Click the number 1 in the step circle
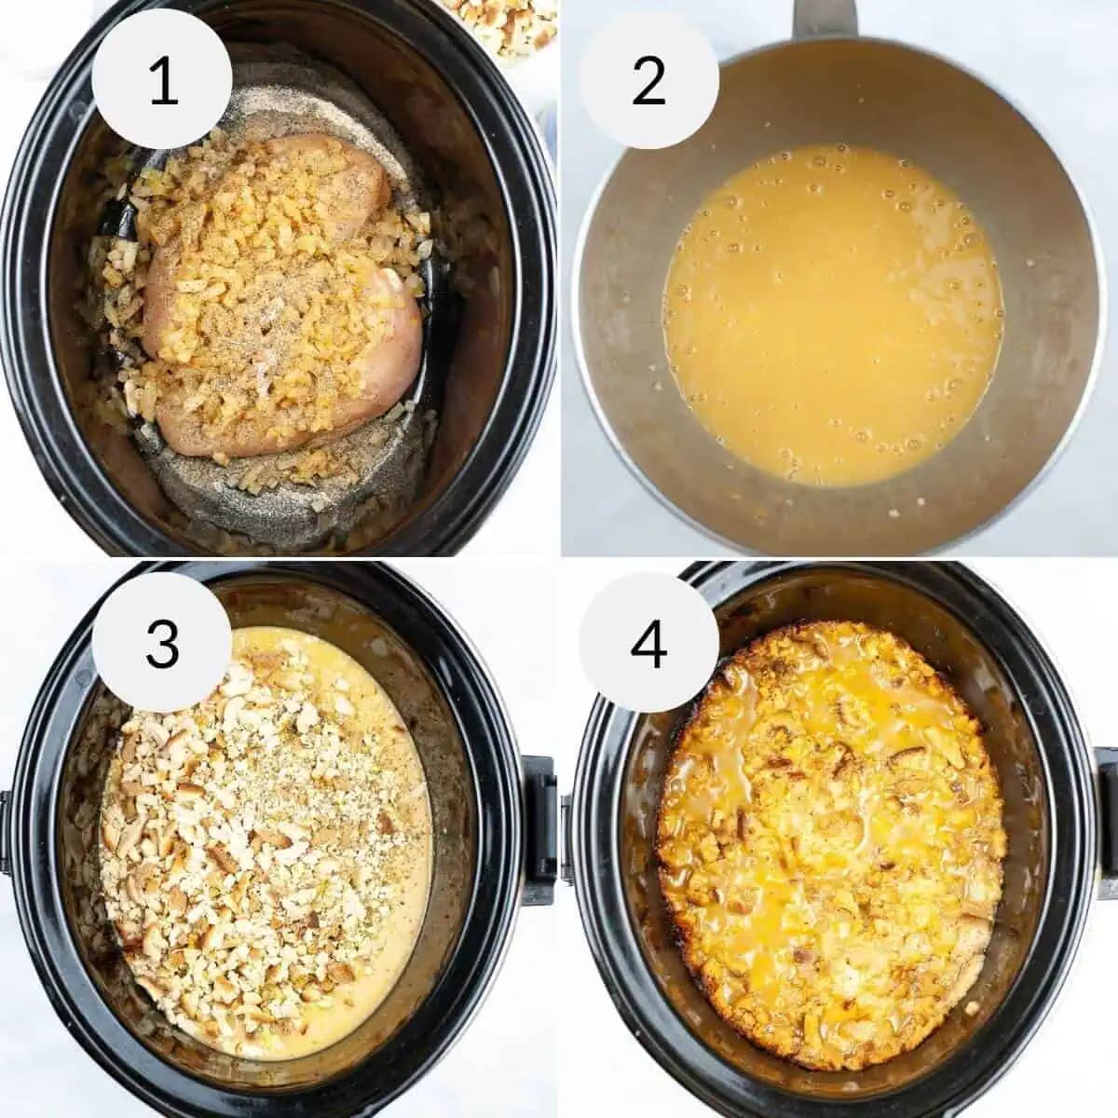162,80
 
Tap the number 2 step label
648,80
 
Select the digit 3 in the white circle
162,642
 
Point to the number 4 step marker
648,642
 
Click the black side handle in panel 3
539,829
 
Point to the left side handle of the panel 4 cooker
566,838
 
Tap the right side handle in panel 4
1106,820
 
